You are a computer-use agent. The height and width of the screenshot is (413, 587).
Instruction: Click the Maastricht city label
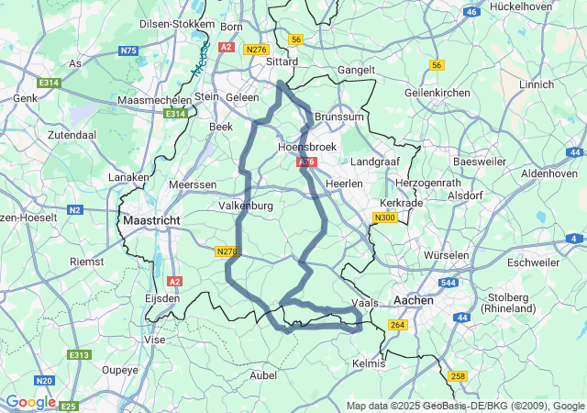click(151, 221)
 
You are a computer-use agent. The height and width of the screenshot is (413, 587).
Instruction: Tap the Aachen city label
click(413, 300)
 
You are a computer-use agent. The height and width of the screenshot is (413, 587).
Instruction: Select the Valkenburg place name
click(245, 206)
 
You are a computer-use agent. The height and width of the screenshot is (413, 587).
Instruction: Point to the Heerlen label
click(345, 184)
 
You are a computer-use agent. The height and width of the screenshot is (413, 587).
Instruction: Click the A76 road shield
click(306, 162)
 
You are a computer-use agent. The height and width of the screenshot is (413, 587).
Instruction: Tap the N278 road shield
click(227, 251)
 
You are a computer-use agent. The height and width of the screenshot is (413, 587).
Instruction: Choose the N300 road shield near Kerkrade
click(384, 218)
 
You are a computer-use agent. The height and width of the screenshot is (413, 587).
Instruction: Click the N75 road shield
click(128, 51)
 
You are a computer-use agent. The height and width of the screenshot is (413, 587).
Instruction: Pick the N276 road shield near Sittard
click(257, 50)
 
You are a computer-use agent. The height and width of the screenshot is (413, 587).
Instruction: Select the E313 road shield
click(80, 355)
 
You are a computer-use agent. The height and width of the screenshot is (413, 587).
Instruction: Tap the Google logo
click(29, 402)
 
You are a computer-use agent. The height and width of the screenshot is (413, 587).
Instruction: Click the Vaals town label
click(365, 303)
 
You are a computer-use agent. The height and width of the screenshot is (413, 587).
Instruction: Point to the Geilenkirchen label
click(437, 93)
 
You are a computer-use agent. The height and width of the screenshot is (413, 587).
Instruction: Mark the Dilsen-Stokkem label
click(177, 24)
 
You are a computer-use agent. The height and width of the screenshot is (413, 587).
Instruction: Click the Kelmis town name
click(370, 363)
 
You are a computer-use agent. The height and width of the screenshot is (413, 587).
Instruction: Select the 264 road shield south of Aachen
click(397, 325)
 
